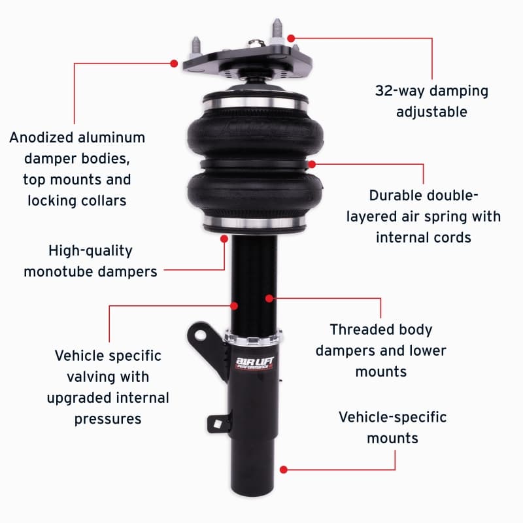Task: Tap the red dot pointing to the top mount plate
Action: pyautogui.click(x=174, y=63)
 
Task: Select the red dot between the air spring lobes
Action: pyautogui.click(x=312, y=164)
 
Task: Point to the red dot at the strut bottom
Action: pyautogui.click(x=284, y=469)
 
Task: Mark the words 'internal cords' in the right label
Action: pyautogui.click(x=423, y=237)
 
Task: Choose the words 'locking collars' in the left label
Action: pyautogui.click(x=76, y=201)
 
